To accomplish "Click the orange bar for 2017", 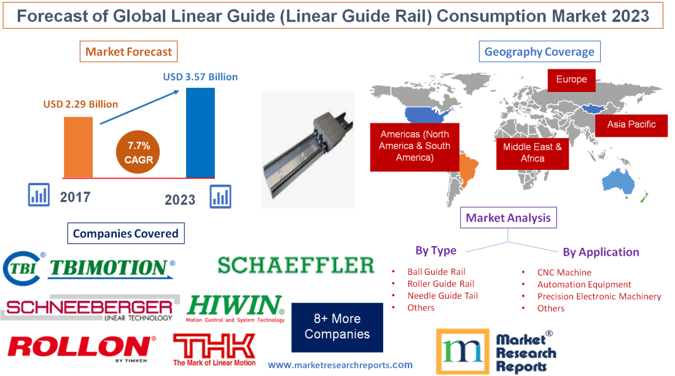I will click(78, 147).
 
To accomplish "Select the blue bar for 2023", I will click(200, 132).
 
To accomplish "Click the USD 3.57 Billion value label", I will click(200, 77).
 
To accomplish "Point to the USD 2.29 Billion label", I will click(80, 104).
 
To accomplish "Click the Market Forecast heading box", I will click(128, 52).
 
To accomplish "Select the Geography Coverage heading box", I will click(539, 52).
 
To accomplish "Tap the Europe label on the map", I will click(571, 79).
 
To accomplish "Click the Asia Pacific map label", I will click(631, 125).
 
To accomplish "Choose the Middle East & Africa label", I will click(532, 153).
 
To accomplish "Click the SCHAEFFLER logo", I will click(295, 265).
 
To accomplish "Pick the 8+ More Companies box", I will click(337, 327).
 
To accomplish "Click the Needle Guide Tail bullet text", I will click(442, 296).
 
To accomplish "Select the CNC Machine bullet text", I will click(564, 272).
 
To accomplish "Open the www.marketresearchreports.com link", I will click(340, 365).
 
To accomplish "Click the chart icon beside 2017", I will click(39, 195).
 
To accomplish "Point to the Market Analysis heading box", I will click(508, 218).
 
